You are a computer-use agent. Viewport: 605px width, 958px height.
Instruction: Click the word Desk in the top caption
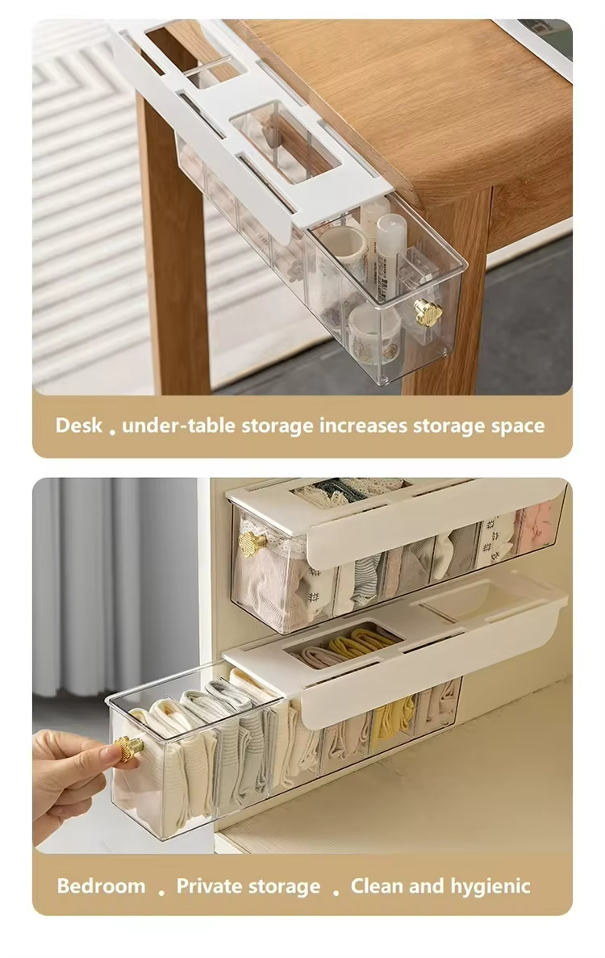tap(79, 425)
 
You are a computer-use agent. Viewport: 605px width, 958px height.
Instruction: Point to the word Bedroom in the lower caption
tap(102, 886)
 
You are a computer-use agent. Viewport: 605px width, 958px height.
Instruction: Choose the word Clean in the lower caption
tap(377, 886)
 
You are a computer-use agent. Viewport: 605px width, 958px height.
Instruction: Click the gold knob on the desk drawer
tap(428, 312)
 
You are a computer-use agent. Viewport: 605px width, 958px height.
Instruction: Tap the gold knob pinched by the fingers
tap(129, 748)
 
